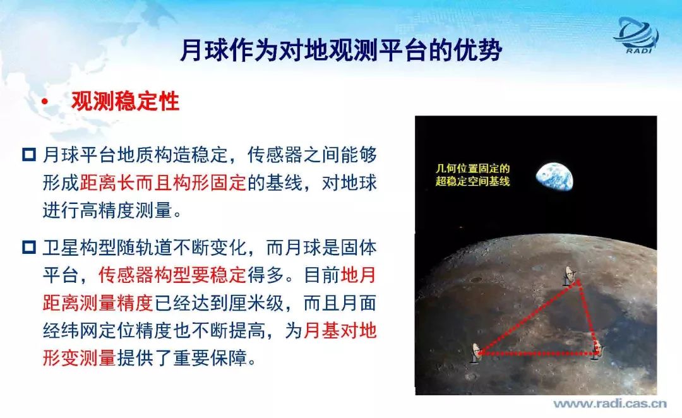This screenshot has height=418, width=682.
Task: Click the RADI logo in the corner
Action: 637,35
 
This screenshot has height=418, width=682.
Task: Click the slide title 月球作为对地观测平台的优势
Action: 342,51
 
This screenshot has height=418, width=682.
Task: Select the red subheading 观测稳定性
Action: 126,102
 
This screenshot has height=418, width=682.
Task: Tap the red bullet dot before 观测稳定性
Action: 44,102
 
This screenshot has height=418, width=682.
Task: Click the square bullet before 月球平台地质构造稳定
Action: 28,155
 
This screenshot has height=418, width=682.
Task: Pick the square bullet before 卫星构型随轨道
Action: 28,248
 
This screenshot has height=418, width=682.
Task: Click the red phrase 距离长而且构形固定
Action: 163,182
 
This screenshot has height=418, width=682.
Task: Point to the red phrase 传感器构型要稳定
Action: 172,275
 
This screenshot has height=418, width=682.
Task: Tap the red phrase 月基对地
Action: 340,331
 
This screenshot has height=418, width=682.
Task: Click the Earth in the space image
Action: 554,177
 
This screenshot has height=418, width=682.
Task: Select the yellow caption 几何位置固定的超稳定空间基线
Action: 472,175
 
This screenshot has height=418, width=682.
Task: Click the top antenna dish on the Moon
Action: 570,275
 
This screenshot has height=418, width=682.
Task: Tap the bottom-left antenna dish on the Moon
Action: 476,353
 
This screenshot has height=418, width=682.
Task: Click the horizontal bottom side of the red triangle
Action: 537,354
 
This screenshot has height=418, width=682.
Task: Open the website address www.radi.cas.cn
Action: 610,403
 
